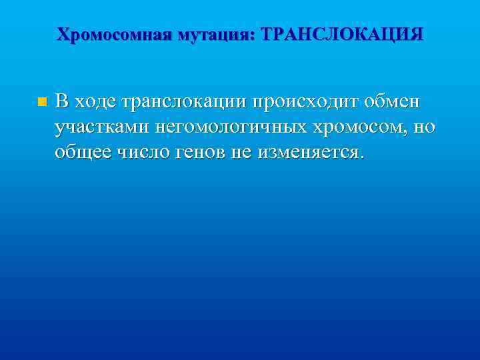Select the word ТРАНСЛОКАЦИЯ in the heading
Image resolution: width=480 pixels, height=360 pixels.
coord(343,34)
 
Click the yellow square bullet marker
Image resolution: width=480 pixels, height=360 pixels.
coord(42,102)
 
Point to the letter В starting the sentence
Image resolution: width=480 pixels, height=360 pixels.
coord(61,101)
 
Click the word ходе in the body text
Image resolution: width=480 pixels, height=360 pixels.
coord(92,101)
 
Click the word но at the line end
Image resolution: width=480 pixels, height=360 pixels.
coord(424,127)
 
